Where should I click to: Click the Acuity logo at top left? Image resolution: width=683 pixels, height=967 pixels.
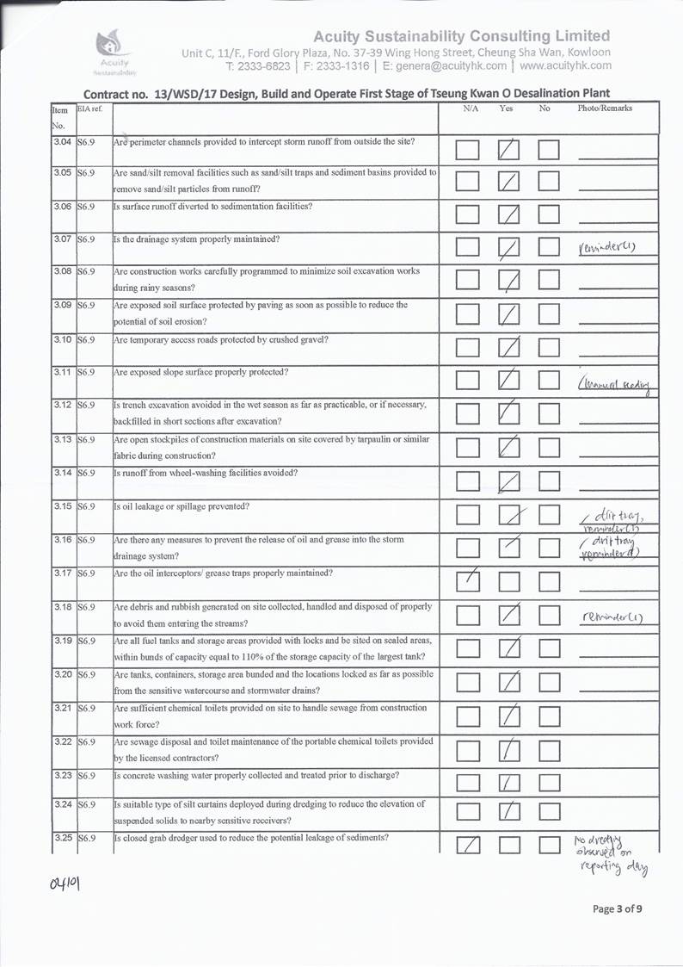coord(114,51)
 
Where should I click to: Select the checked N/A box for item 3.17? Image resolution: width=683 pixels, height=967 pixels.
coord(468,583)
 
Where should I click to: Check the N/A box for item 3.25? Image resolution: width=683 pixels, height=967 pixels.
coord(468,848)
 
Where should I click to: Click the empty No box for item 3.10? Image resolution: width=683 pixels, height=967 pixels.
coord(550,348)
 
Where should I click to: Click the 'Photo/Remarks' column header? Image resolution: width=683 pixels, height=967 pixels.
coord(605,109)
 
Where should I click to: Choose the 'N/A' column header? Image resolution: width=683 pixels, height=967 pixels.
coord(471,109)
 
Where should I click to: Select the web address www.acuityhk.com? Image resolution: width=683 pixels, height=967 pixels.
coord(565,65)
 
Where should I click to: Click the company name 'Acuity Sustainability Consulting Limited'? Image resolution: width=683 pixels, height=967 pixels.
coord(462,36)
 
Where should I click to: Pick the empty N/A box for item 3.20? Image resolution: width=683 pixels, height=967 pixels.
coord(468,683)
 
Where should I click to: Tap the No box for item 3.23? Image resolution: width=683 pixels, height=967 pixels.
coord(550,783)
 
